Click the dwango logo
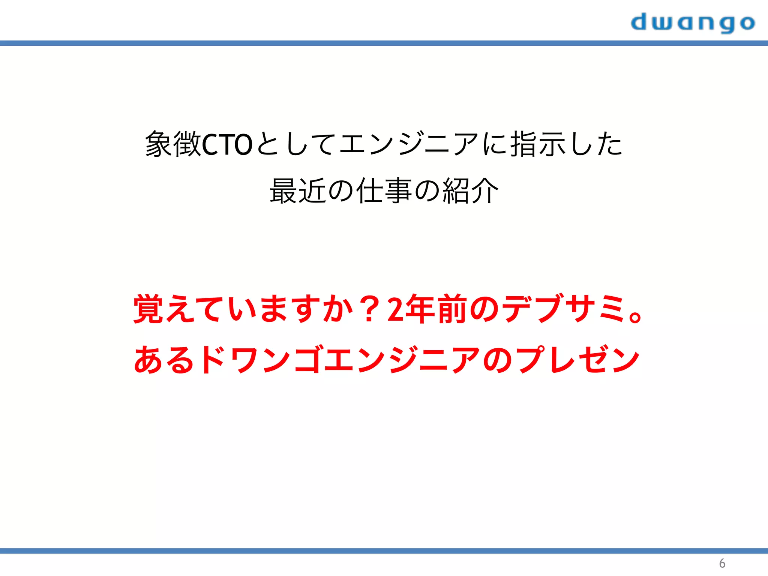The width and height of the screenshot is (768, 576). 693,23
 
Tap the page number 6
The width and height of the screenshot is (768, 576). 722,563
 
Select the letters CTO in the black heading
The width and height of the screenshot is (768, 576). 227,145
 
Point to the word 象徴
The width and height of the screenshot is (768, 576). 173,144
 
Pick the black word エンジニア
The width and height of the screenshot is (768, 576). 409,144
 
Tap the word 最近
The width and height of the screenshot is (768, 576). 298,191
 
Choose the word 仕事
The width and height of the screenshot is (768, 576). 384,191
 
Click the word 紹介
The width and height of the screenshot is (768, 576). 471,191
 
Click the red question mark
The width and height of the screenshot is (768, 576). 369,309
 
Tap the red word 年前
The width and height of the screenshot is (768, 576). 435,309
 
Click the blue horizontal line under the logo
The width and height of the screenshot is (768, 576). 384,43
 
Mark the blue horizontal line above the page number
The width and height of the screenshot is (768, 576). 384,551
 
